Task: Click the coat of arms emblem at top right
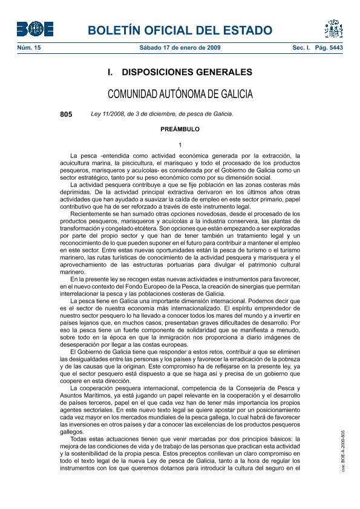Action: coord(333,28)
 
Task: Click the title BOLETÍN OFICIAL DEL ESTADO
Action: coord(180,30)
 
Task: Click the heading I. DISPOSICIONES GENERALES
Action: coord(180,73)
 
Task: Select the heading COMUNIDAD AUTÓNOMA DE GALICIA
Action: coord(180,94)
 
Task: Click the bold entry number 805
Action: coord(66,114)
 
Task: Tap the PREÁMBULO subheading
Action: coord(180,129)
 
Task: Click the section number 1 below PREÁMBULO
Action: coord(180,144)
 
